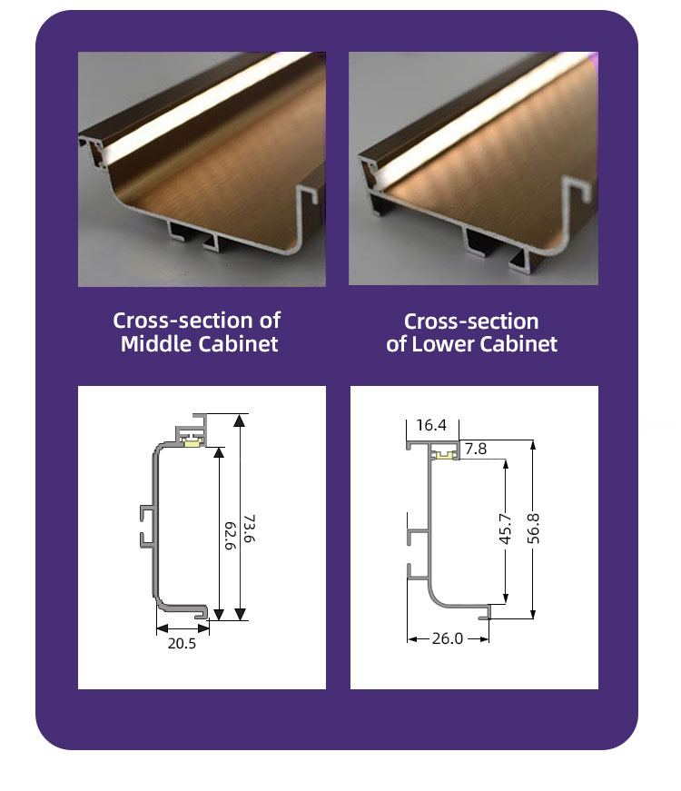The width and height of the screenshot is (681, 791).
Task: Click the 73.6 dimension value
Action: (x=249, y=529)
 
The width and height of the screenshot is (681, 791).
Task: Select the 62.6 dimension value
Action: (x=230, y=536)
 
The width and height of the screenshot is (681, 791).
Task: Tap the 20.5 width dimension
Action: (x=182, y=644)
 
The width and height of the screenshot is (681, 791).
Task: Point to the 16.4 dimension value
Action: (x=431, y=425)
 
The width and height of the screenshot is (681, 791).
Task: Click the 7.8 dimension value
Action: (x=476, y=449)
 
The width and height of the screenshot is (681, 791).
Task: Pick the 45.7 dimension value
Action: (x=506, y=529)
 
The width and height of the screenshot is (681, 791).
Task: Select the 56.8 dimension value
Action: (x=533, y=529)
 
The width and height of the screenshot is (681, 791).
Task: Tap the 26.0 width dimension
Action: (x=448, y=638)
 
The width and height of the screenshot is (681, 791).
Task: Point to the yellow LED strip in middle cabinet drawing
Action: (x=192, y=442)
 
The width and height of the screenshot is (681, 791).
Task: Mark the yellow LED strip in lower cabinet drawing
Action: (x=444, y=456)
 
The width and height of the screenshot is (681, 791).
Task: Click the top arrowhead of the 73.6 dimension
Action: (x=240, y=420)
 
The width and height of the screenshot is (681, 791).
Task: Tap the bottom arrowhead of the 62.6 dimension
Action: (x=219, y=614)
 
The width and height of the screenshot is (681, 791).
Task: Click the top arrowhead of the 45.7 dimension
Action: (x=506, y=463)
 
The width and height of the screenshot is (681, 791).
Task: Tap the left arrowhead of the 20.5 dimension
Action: (x=163, y=628)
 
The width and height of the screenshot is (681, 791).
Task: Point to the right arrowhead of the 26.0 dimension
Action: (x=484, y=639)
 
